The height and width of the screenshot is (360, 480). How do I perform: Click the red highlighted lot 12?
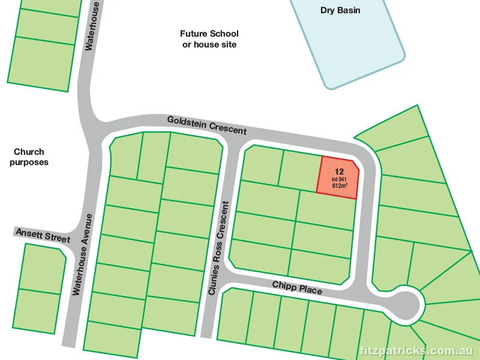tap(338, 178)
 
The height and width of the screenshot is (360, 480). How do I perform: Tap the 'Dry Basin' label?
tap(341, 10)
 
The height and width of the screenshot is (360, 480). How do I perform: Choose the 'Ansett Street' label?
tap(43, 235)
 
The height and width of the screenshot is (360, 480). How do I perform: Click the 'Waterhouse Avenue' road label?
tap(83, 253)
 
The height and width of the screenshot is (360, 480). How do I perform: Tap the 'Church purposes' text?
tap(29, 157)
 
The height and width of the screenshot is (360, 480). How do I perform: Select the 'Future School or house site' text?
tap(209, 39)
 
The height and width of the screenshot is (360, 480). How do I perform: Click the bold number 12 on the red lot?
tap(340, 171)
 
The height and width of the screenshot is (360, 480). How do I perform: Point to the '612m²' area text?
tap(340, 186)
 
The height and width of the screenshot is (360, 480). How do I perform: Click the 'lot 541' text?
tap(339, 179)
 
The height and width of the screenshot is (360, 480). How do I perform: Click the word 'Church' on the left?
tap(29, 152)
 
